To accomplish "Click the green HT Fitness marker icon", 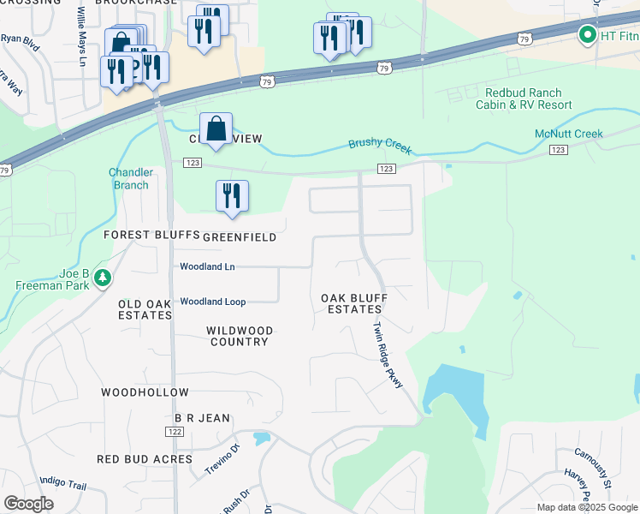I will (587, 35).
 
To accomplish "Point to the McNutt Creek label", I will (569, 134).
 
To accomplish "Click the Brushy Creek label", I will (380, 145).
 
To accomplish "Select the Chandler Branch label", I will (131, 178).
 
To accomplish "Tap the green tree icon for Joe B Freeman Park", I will (103, 278).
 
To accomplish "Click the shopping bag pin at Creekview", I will (216, 129).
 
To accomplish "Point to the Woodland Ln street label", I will (207, 266).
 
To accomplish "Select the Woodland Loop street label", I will (213, 302).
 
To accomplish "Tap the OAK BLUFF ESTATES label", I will (353, 303).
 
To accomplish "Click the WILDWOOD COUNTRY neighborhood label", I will (240, 336).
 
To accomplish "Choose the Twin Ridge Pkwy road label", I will (387, 356).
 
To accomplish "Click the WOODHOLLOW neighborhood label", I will (145, 392).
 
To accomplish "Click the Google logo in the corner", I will (28, 504).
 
